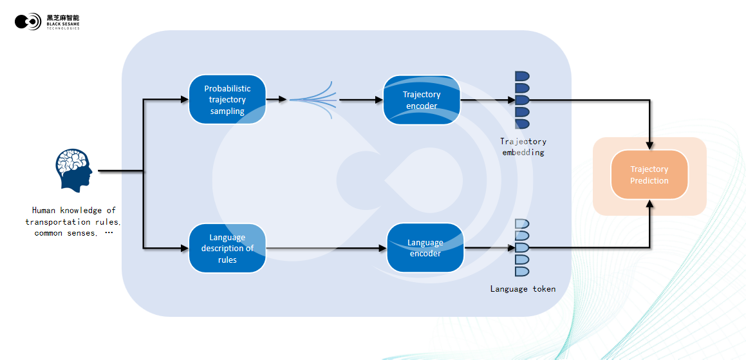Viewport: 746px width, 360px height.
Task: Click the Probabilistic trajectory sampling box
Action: (227, 99)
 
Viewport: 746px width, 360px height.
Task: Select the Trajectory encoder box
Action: (422, 100)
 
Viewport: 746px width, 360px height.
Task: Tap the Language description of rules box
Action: (227, 248)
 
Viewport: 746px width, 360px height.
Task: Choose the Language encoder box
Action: (425, 248)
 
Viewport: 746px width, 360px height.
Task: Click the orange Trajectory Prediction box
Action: (649, 175)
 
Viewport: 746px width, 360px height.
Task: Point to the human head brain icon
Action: (73, 171)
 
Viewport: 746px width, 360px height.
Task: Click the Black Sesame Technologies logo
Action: (47, 22)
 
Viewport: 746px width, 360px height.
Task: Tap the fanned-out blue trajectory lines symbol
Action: (314, 100)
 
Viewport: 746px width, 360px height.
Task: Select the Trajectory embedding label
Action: (523, 147)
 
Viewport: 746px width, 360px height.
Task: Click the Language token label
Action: (523, 289)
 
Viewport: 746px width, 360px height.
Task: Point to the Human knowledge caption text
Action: (73, 222)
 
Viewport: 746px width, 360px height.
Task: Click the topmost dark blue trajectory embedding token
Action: (522, 76)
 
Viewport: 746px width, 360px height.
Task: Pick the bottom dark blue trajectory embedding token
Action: (522, 124)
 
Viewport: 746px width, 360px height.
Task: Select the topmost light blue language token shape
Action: (522, 223)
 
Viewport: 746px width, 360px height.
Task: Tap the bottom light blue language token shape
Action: (522, 271)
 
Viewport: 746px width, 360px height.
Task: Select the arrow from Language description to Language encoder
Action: (325, 248)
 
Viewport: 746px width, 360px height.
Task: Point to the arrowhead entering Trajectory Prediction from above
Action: (650, 145)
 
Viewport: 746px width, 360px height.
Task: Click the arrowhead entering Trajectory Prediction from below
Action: (650, 204)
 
